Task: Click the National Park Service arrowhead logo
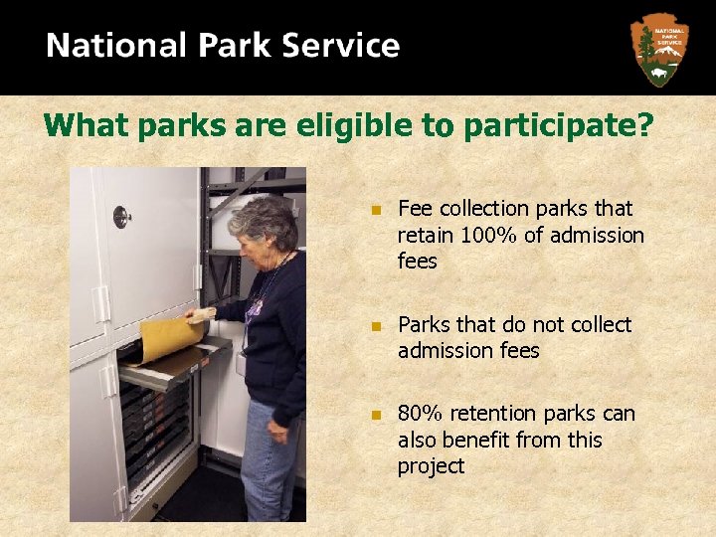pos(659,49)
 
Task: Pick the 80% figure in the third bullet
pos(419,414)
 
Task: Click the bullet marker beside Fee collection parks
pos(374,210)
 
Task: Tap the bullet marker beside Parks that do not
pos(374,326)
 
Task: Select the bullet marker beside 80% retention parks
pos(374,415)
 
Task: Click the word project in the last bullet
pos(431,466)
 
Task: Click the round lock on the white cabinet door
pos(121,216)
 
